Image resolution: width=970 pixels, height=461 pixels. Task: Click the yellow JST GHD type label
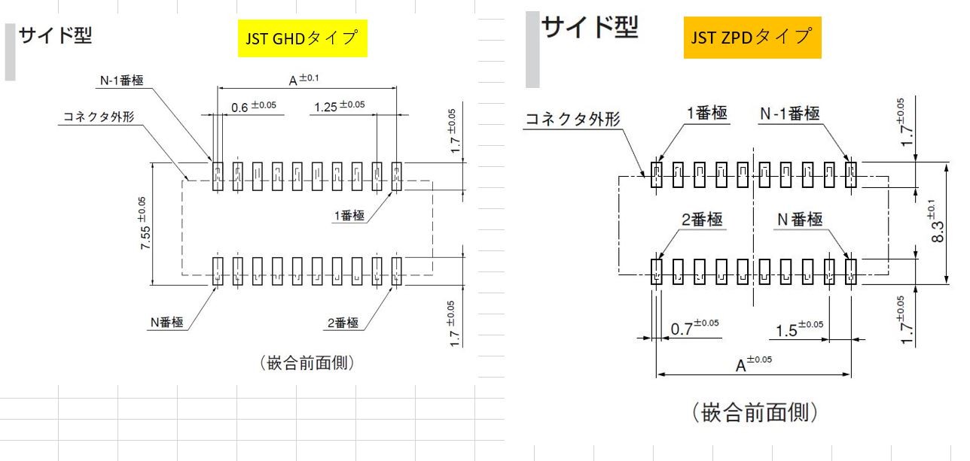(x=302, y=38)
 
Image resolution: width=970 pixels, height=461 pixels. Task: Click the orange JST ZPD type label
(x=752, y=37)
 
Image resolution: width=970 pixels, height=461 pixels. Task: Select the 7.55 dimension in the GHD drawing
(x=144, y=223)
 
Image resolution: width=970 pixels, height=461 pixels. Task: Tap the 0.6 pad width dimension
(x=253, y=106)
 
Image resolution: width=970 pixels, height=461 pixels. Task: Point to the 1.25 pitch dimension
(x=339, y=105)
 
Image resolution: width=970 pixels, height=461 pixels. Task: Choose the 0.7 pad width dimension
(x=694, y=328)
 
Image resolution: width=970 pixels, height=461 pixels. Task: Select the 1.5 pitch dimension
(x=799, y=329)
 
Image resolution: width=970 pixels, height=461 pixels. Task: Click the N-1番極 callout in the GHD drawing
(x=122, y=80)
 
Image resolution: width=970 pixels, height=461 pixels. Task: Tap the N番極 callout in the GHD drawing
(x=166, y=322)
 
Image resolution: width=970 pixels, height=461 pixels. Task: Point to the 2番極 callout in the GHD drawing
(x=343, y=323)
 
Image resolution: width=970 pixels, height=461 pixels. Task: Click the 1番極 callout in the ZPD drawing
(x=706, y=113)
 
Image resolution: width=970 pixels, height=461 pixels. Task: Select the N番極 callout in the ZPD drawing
(x=800, y=220)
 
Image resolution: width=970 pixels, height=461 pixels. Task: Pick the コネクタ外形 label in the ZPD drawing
(x=572, y=119)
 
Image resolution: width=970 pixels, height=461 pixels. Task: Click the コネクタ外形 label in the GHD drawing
(x=99, y=117)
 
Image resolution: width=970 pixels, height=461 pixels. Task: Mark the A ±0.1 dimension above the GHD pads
(x=304, y=80)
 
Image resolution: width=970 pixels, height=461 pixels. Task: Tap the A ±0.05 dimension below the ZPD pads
(x=753, y=364)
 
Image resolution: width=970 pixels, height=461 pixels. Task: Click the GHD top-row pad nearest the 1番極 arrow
(x=397, y=177)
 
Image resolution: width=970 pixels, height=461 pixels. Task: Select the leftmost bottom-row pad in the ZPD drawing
(x=657, y=272)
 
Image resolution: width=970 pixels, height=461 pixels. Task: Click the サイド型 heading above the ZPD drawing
(x=590, y=27)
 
